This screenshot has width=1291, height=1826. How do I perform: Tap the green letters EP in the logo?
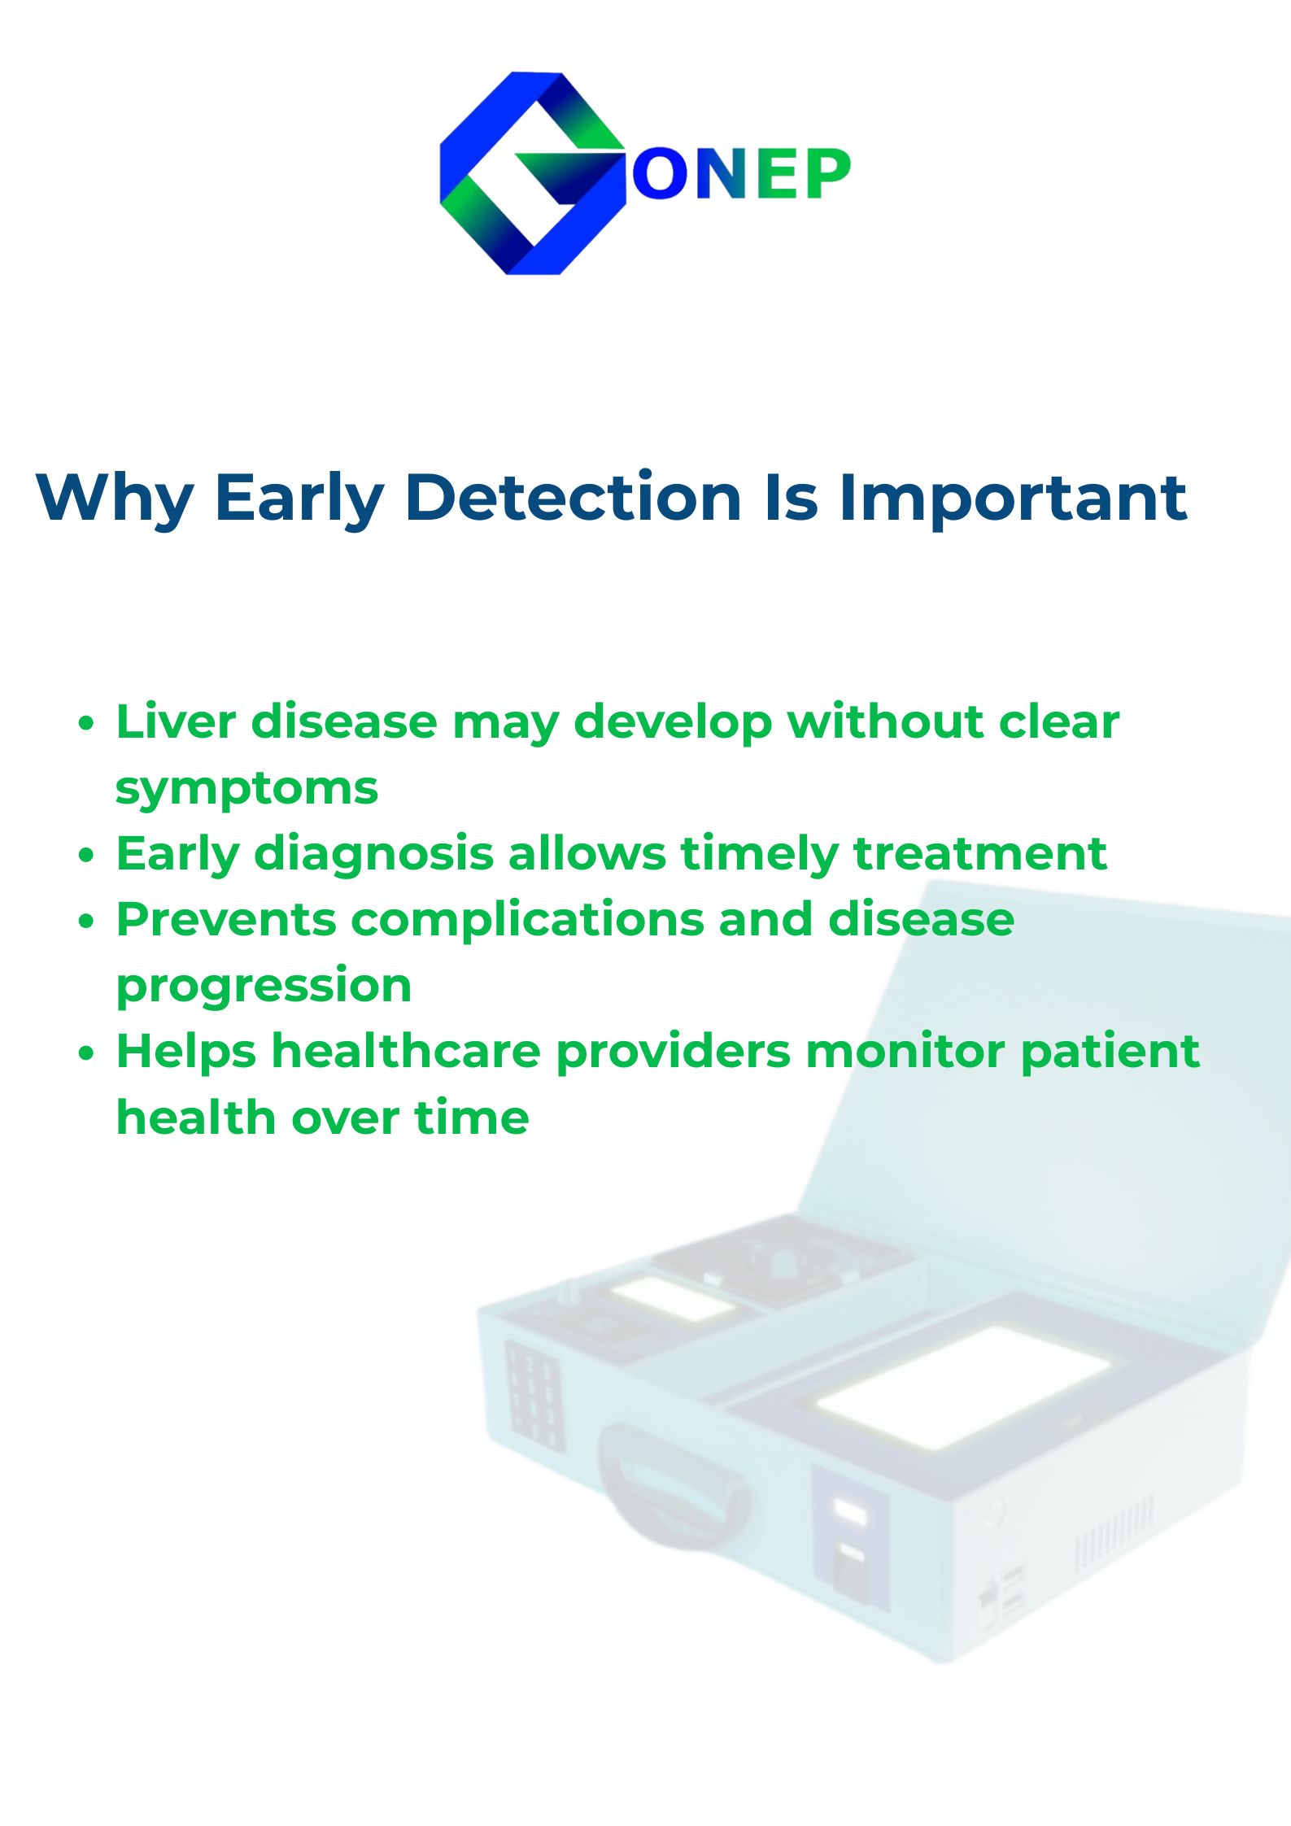(x=802, y=174)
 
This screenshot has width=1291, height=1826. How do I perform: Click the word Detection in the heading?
(x=574, y=498)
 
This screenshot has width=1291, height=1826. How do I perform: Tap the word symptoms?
(x=247, y=790)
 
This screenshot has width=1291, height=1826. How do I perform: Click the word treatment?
(x=979, y=854)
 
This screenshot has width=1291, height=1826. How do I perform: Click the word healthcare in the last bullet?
(x=406, y=1051)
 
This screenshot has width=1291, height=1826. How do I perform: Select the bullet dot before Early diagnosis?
(x=87, y=856)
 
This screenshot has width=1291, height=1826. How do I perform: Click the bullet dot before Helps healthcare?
(x=87, y=1054)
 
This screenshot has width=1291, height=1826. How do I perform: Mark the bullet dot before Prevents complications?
(x=87, y=922)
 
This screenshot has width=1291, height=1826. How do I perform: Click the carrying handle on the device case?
(x=672, y=1484)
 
